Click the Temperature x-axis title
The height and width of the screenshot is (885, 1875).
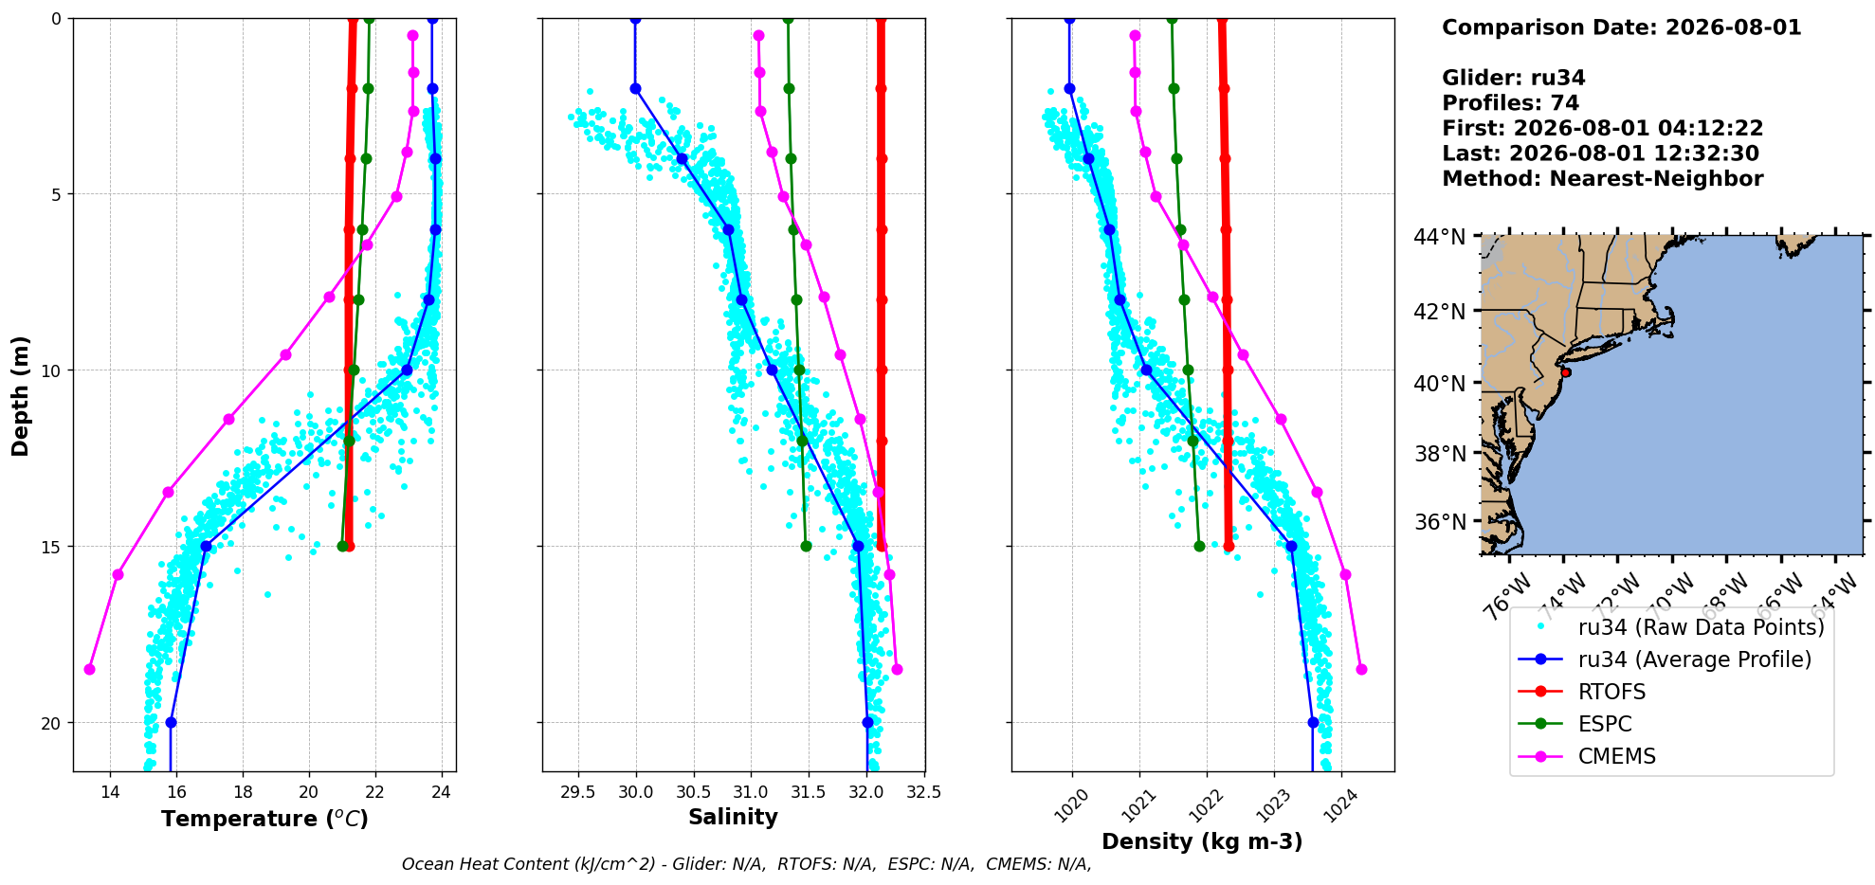click(x=264, y=819)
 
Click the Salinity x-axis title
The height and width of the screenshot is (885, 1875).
click(x=733, y=818)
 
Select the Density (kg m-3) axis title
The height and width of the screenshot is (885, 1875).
click(x=1202, y=841)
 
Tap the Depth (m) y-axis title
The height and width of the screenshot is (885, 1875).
click(x=21, y=395)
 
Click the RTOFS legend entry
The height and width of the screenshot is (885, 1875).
click(x=1611, y=692)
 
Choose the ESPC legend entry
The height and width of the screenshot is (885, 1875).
click(x=1605, y=724)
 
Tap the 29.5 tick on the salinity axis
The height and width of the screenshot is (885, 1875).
click(x=578, y=792)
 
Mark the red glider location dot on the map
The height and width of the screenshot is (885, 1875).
click(x=1565, y=372)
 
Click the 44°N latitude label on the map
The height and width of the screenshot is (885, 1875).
click(x=1439, y=237)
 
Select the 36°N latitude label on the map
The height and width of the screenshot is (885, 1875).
click(x=1439, y=522)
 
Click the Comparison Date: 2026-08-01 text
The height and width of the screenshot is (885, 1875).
click(x=1621, y=27)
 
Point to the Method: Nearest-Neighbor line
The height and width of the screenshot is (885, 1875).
click(x=1602, y=178)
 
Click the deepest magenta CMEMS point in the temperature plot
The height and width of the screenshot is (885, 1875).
click(x=89, y=669)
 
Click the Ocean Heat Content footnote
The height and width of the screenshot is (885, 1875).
click(x=746, y=864)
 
